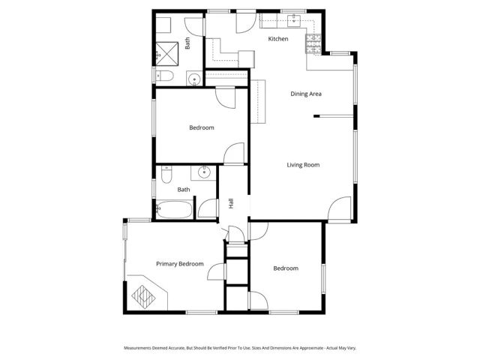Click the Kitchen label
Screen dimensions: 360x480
click(x=278, y=39)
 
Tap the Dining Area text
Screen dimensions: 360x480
click(x=306, y=94)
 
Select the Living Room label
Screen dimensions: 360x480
click(x=303, y=164)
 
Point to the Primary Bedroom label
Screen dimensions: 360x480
click(x=180, y=264)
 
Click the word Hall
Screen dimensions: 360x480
click(x=231, y=203)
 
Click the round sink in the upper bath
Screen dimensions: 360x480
click(x=194, y=77)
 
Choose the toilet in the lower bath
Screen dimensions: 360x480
click(x=166, y=176)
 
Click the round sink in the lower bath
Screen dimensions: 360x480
click(x=204, y=173)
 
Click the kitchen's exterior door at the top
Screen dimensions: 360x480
click(x=245, y=23)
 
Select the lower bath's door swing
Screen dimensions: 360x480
click(x=206, y=208)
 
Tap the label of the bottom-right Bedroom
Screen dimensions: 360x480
click(x=285, y=268)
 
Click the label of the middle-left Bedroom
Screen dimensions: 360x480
click(x=201, y=127)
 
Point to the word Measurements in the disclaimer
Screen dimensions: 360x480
click(x=139, y=348)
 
